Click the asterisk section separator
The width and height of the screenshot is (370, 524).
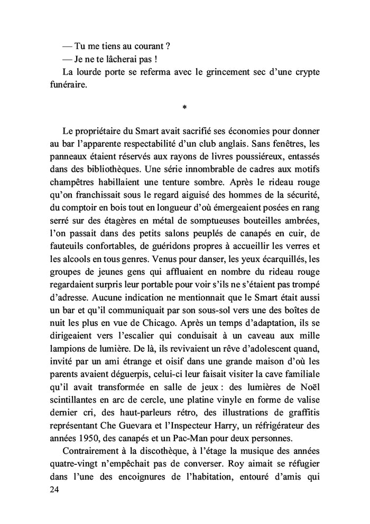tap(184, 108)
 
